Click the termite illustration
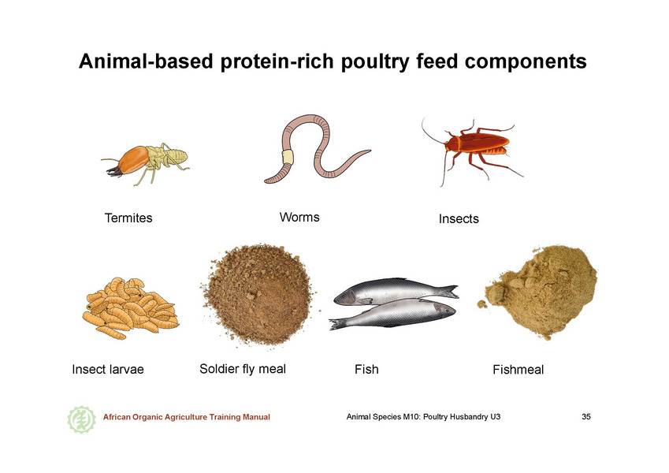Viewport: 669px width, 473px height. (x=145, y=162)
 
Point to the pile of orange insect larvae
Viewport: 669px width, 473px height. (x=130, y=307)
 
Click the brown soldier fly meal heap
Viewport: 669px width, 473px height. (x=259, y=295)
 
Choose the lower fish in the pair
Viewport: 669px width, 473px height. (x=392, y=314)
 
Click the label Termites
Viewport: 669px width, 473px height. (x=128, y=218)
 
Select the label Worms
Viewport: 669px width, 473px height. (x=299, y=218)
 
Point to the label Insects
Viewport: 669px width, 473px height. (x=459, y=219)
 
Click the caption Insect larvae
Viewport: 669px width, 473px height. (x=108, y=369)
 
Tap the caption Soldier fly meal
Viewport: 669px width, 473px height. (x=243, y=369)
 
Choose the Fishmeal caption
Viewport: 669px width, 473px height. (x=518, y=370)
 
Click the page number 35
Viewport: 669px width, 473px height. (x=586, y=417)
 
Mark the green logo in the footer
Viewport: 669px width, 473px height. (x=81, y=419)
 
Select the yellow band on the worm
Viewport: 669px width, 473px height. (x=288, y=157)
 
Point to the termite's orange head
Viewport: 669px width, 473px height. (x=133, y=159)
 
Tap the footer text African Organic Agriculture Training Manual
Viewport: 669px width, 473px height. (x=187, y=417)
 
